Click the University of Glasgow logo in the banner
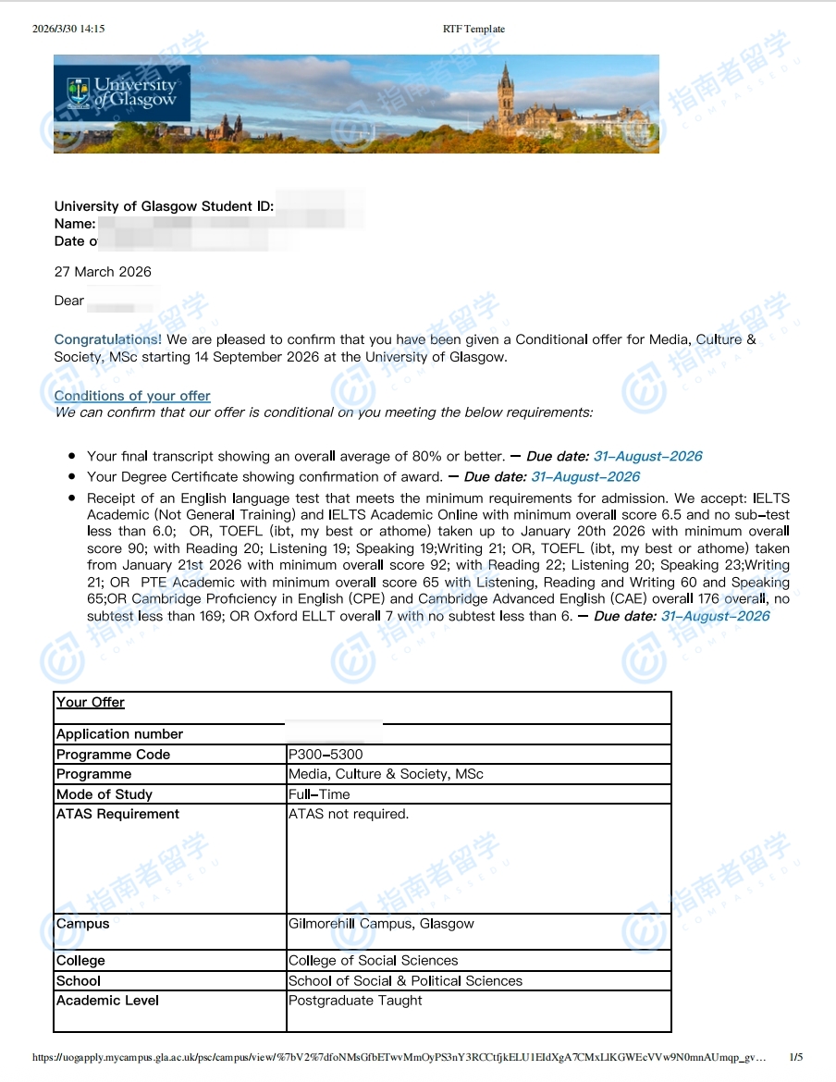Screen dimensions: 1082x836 click(122, 92)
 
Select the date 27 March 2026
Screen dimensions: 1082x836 click(103, 272)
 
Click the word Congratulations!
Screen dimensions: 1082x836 click(107, 339)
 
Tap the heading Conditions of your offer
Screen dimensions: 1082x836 click(132, 396)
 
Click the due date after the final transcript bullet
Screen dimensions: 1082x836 click(647, 456)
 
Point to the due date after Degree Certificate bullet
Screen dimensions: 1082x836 click(585, 477)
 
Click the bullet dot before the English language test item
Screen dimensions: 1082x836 click(72, 498)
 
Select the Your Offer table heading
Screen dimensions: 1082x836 click(91, 703)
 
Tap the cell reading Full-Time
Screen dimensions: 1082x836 click(319, 794)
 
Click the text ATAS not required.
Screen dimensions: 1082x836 click(349, 815)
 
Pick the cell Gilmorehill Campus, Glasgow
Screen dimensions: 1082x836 click(381, 924)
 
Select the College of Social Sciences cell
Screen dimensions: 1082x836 click(373, 961)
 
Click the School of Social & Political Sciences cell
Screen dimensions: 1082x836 click(405, 981)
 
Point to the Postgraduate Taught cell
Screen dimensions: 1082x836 click(355, 1001)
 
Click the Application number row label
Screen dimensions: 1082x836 click(120, 734)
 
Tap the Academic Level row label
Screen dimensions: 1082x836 click(107, 1001)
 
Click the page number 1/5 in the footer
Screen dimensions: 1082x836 click(795, 1057)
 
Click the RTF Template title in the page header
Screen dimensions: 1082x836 click(473, 29)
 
